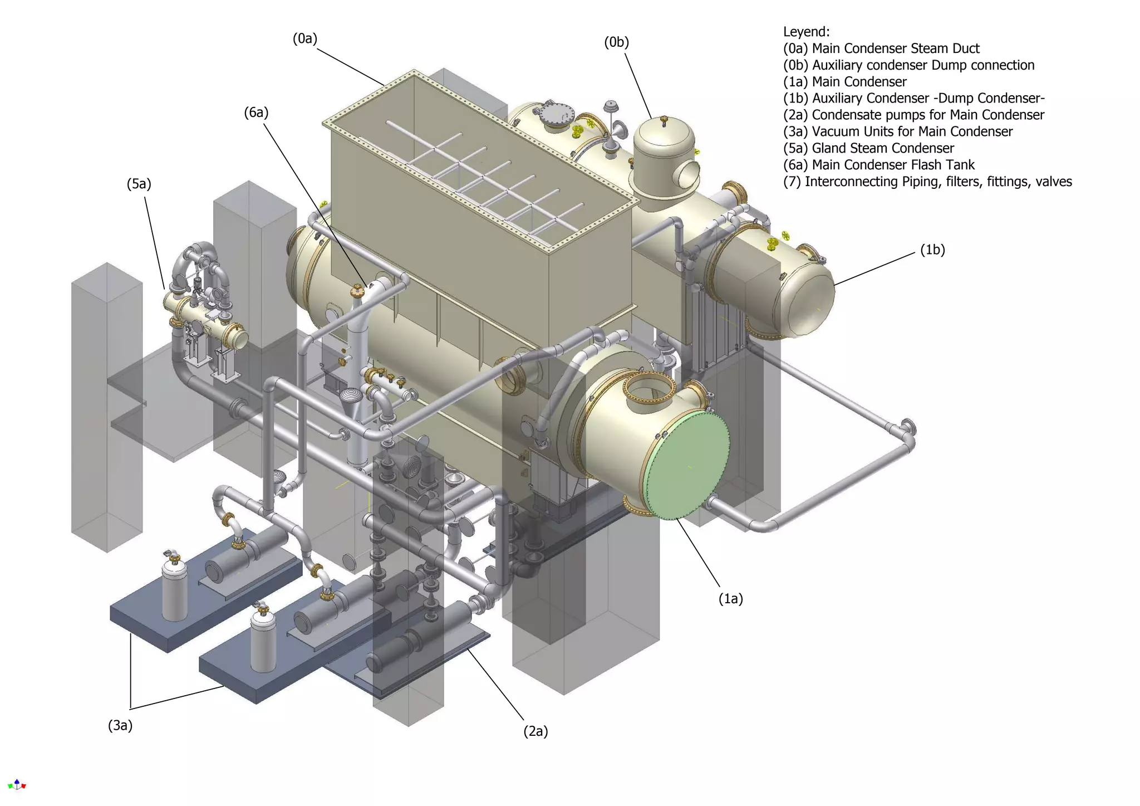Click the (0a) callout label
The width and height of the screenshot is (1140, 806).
coord(304,38)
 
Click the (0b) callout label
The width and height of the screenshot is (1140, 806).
coord(616,42)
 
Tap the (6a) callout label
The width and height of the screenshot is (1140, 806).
coord(256,113)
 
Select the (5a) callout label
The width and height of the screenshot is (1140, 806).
coord(139,184)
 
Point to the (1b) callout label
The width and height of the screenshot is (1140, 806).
coord(932,250)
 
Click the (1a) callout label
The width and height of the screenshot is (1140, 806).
coord(730,599)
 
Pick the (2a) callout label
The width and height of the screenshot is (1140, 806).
coord(535,731)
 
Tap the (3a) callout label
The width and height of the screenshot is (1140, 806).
coord(120,725)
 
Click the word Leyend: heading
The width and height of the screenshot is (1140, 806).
coord(806,32)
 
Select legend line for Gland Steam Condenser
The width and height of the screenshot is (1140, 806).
coord(868,148)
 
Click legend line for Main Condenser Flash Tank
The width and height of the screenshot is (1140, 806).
coord(878,165)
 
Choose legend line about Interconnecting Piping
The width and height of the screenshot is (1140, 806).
coord(927,182)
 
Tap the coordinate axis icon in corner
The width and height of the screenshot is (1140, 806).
coord(17,785)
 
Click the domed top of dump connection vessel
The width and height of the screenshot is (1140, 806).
coord(664,131)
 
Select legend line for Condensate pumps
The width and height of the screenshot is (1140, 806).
coord(913,115)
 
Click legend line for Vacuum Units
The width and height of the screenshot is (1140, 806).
coord(897,131)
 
